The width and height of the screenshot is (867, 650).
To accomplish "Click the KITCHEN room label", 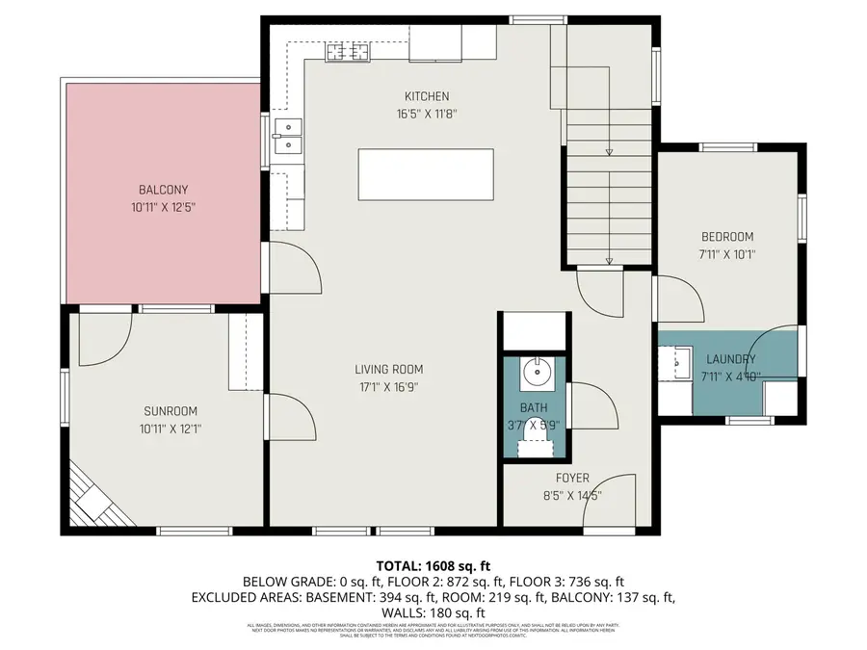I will pos(427,96).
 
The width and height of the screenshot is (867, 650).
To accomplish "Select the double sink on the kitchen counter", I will pos(288,136).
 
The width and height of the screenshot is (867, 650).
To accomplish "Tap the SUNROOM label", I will pos(164,411).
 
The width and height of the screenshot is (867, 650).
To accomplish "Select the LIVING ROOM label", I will pos(388,369).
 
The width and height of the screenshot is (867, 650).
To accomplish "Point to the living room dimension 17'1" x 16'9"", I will pos(388,387).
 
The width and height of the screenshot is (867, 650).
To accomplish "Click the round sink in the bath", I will pos(534,371).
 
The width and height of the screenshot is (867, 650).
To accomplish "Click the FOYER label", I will pos(572,479).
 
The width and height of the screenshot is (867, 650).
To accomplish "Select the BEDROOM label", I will pos(727,237).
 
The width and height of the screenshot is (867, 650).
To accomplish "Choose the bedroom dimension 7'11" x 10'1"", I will pos(727,255).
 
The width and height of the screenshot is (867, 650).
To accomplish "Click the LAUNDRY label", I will pos(730,359).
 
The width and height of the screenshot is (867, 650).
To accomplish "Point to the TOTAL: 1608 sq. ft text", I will pos(433,565).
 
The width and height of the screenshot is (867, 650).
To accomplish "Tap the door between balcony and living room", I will pos(294,269).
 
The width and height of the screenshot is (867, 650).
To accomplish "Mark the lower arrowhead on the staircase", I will pos(609,260).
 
